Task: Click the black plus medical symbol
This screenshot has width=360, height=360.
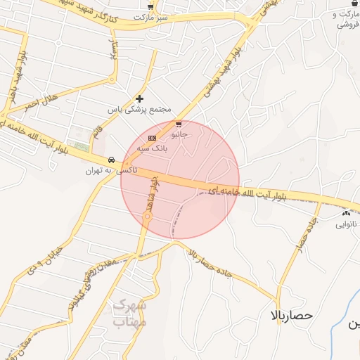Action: coord(139,98)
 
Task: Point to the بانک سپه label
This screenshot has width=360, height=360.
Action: coord(151,148)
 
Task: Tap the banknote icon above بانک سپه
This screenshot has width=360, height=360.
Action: coord(153,137)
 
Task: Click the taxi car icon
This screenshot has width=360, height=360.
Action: coord(111,160)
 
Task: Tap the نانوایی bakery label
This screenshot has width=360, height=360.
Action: coord(346,225)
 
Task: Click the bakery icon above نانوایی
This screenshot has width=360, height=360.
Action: coord(345,213)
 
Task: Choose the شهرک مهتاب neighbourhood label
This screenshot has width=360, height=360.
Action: coord(129,314)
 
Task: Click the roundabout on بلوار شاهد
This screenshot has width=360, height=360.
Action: coord(148,219)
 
